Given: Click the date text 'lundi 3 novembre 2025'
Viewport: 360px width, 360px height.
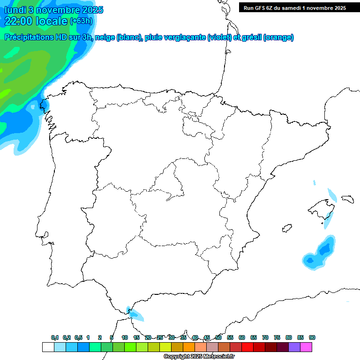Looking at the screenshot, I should coord(54,10).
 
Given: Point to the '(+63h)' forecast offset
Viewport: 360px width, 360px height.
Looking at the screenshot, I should coord(81,21).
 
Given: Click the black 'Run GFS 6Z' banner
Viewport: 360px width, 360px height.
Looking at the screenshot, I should coord(294,7).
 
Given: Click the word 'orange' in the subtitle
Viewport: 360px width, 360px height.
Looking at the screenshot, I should coord(278,37).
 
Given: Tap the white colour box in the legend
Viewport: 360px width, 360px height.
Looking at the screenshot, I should coord(48,347).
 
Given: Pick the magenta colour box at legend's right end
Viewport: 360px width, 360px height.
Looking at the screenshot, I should coord(306,347).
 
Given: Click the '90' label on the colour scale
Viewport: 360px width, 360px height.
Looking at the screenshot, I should coord(312,337).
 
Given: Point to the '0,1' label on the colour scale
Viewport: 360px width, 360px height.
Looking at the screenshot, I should coord(54,337).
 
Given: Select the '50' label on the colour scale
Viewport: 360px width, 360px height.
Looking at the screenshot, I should coord(218,337).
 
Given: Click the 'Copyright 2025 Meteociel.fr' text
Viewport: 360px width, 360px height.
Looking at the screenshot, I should coord(199,357).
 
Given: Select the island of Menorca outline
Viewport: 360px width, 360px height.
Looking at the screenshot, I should coord(347,199).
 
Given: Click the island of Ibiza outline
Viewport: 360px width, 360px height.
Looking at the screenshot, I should coord(287,228).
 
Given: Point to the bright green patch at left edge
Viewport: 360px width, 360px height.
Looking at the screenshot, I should coord(4,93).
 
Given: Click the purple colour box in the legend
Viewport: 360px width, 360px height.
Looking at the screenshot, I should coord(294,347).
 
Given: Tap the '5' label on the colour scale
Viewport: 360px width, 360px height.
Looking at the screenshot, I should coord(112,337).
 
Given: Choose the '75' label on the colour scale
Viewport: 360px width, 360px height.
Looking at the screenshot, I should coord(277,337).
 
